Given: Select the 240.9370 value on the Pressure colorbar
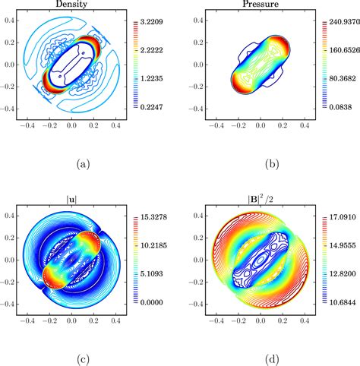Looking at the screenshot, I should (339, 24).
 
